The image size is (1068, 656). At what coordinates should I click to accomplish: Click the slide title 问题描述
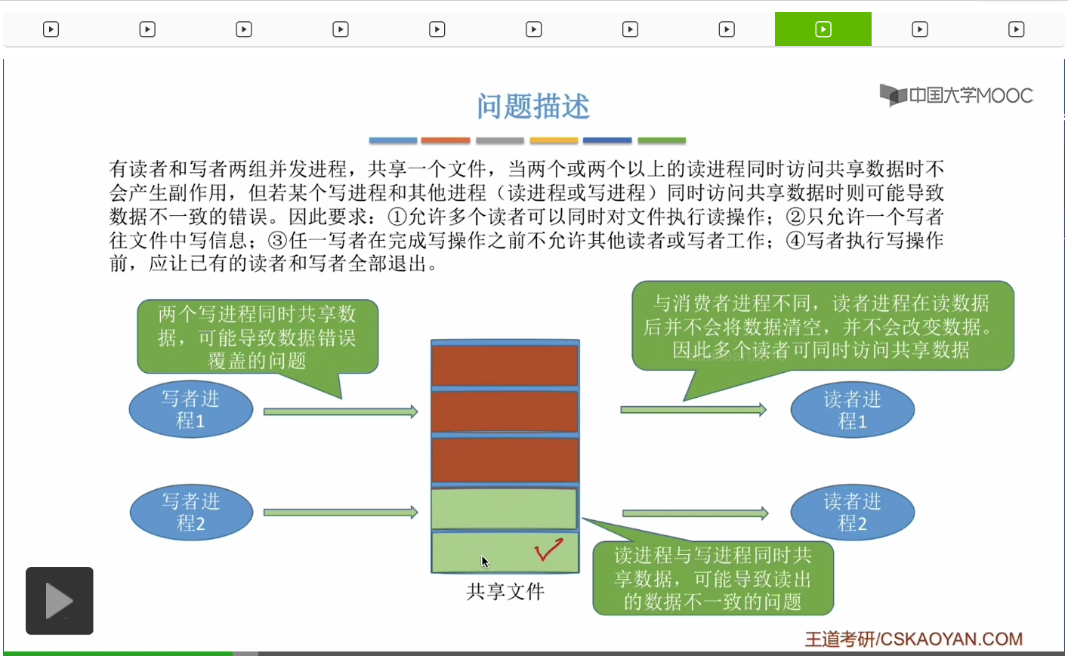pos(532,106)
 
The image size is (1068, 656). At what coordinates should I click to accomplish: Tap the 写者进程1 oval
pos(190,410)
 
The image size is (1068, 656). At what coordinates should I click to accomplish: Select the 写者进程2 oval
pos(191,513)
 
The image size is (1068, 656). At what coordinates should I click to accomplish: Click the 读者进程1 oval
pos(852,410)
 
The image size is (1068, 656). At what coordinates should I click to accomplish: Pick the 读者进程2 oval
pos(852,513)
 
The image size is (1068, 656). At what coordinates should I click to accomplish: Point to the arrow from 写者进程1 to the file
pos(340,411)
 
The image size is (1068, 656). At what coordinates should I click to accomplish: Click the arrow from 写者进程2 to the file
pos(340,513)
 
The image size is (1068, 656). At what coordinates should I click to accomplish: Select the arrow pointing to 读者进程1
pos(693,410)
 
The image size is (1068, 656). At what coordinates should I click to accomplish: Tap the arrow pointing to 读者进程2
pos(695,513)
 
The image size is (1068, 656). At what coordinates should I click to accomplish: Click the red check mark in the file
pos(548,550)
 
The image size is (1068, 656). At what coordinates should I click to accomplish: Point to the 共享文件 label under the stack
pos(505,592)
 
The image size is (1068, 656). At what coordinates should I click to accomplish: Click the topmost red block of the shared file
pos(505,365)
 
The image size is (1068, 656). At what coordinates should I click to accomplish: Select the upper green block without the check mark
pos(504,509)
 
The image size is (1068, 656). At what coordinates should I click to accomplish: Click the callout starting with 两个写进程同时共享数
pos(257,337)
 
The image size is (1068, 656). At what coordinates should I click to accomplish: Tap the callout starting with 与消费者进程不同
pos(822,326)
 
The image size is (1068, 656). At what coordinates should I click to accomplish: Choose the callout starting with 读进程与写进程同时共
pos(712,578)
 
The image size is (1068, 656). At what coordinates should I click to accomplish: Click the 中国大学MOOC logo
pos(956,96)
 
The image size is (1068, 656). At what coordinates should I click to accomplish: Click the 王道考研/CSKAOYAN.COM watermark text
pos(913,639)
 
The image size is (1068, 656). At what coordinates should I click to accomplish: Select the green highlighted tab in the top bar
pos(823,29)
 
